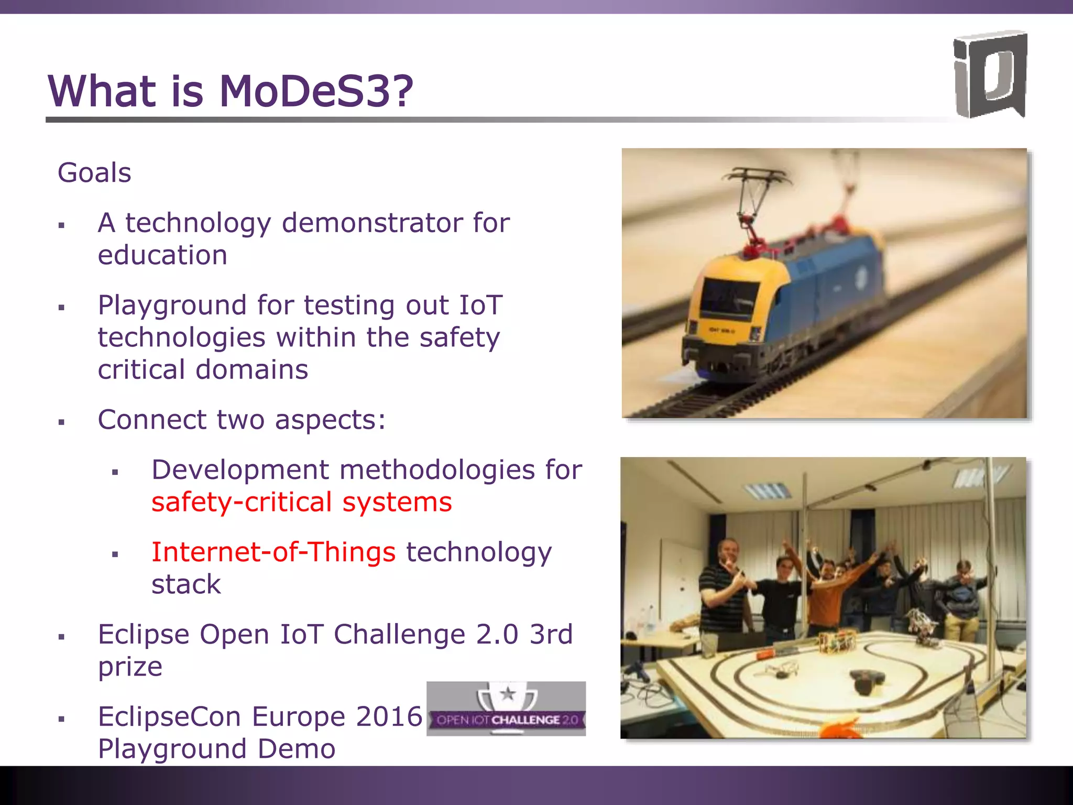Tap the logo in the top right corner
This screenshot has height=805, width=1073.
(x=989, y=74)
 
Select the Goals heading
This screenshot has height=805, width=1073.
(x=94, y=173)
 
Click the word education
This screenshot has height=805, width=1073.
(x=162, y=256)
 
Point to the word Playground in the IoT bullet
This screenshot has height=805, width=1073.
(x=172, y=306)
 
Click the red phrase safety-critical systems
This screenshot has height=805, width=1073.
(x=301, y=502)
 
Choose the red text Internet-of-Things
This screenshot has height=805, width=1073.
(x=273, y=552)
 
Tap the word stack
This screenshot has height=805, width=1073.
(x=186, y=585)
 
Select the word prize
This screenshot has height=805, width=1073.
(x=130, y=667)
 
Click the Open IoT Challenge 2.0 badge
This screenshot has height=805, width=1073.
(x=506, y=709)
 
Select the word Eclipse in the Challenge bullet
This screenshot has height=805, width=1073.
(x=144, y=635)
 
